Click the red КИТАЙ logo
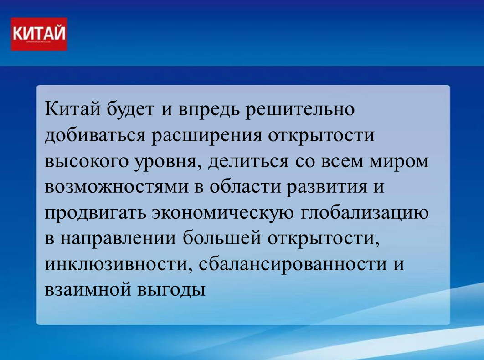point(39,34)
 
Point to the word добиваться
point(95,135)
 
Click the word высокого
point(86,161)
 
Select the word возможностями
point(116,187)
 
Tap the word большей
point(221,238)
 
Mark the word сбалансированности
point(293,264)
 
